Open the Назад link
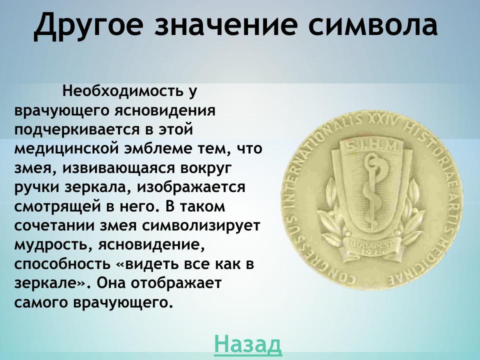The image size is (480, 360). (248, 344)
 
